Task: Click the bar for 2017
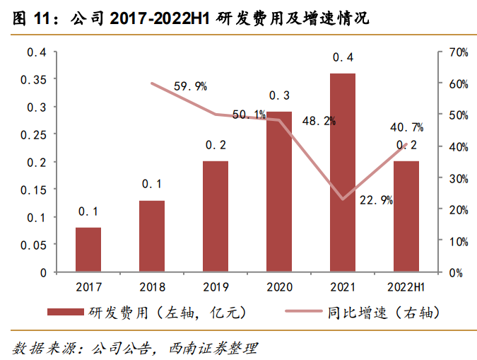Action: coord(88,250)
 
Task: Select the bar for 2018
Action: coord(152,236)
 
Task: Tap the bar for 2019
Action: coord(216,216)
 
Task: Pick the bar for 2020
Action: coord(279,192)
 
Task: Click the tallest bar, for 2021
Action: coord(343,173)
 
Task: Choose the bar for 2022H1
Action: coord(406,216)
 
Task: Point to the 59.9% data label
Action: coord(190,86)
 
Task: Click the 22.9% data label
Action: coord(376,200)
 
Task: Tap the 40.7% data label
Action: coord(406,128)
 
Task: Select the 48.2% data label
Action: coord(319,121)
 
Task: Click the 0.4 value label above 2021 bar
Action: coord(343,57)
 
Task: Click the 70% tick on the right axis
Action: coord(457,52)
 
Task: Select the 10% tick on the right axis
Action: coord(457,241)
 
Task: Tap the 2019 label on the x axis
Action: coord(216,286)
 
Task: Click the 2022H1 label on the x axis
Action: coord(406,286)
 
